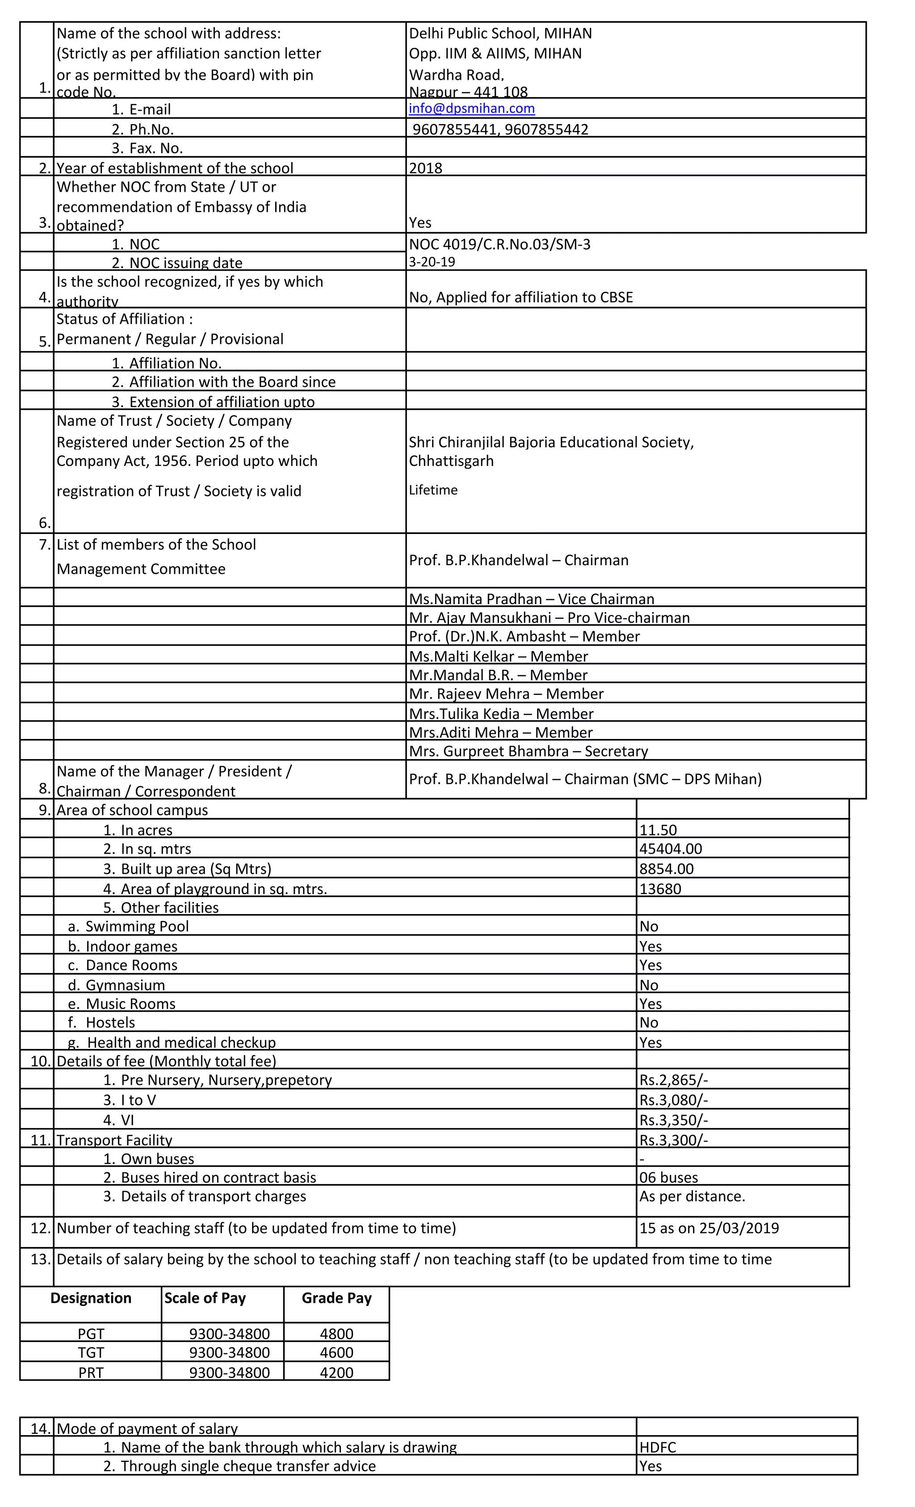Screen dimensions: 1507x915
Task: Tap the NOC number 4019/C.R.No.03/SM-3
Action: point(499,245)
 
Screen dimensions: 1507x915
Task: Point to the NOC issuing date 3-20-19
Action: point(432,262)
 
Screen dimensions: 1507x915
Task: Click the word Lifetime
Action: point(433,490)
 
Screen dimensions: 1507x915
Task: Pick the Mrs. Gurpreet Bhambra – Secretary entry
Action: point(528,751)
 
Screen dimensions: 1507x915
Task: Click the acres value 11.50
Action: point(658,830)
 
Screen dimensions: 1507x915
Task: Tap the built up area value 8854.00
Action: point(666,869)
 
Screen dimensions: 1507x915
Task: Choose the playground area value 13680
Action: point(660,889)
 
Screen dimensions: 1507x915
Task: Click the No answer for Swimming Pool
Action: point(648,926)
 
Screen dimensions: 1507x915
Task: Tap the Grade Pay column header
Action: point(336,1298)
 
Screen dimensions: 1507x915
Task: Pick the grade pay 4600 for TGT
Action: point(336,1353)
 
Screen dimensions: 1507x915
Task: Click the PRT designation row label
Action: point(91,1373)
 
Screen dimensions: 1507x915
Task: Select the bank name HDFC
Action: point(658,1448)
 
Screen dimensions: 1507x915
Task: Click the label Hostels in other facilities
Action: point(110,1023)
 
